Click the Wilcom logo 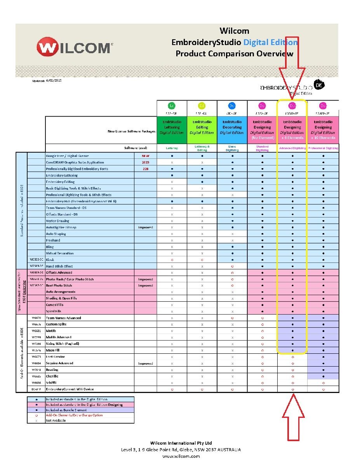[73, 48]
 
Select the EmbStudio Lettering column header [172, 130]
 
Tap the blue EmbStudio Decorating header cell [232, 130]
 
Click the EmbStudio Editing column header [202, 130]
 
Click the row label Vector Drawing [58, 221]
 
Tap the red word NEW [146, 156]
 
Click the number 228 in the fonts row [146, 169]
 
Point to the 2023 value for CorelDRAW [146, 162]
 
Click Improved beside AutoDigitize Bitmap [146, 227]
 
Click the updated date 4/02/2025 [54, 80]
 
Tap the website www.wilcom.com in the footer [181, 456]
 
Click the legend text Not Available [56, 421]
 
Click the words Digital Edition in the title [271, 42]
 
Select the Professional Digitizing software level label [323, 148]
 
